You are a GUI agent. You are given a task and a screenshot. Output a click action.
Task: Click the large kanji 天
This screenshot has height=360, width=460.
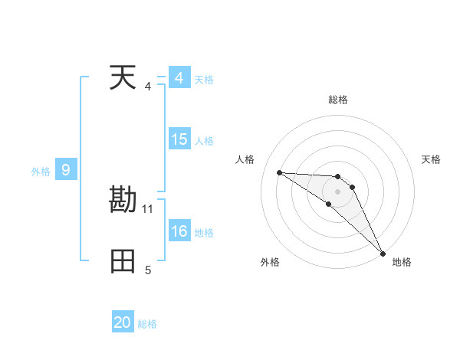pos(123,78)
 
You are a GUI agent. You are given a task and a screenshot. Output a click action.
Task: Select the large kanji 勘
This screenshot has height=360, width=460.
pos(123,200)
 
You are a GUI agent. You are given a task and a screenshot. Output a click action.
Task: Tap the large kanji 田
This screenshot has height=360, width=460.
pos(123,261)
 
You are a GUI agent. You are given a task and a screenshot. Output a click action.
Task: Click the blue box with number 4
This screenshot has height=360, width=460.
pos(179,78)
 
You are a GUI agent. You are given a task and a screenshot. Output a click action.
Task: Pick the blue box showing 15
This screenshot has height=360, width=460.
pos(179,139)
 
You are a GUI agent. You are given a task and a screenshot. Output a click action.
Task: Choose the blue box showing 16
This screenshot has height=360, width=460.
pos(179,231)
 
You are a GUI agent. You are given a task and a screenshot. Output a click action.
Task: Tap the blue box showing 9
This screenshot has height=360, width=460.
pos(66,170)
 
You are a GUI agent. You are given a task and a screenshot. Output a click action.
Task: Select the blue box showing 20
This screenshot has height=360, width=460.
pos(123,322)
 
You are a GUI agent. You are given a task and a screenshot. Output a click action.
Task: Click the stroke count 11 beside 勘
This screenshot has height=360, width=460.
pos(148,208)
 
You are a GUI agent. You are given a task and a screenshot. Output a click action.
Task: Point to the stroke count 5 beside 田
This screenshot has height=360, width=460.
pos(148,270)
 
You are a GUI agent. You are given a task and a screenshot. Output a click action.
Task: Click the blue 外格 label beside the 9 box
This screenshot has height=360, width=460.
pos(41,172)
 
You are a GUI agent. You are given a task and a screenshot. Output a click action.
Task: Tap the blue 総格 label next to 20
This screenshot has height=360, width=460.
pos(147,324)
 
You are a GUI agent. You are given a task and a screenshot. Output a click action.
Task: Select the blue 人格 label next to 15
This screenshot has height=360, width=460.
pos(204,141)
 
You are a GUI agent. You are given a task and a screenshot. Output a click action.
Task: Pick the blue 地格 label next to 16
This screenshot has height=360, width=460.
pos(204,233)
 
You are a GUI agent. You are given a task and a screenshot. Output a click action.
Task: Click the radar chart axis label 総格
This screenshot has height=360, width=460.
pos(338,100)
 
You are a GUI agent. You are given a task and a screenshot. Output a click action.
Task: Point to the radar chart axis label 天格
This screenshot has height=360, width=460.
pos(432,159)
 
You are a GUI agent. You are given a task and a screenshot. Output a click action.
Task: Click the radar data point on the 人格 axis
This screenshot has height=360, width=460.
pos(279,172)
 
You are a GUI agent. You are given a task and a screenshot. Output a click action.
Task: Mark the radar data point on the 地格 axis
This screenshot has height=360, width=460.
pos(383,253)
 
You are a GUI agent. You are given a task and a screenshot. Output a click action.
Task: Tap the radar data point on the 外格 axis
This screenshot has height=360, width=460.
pos(328,204)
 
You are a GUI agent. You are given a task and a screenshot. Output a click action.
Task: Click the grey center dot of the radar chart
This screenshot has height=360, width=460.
pos(338,191)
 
